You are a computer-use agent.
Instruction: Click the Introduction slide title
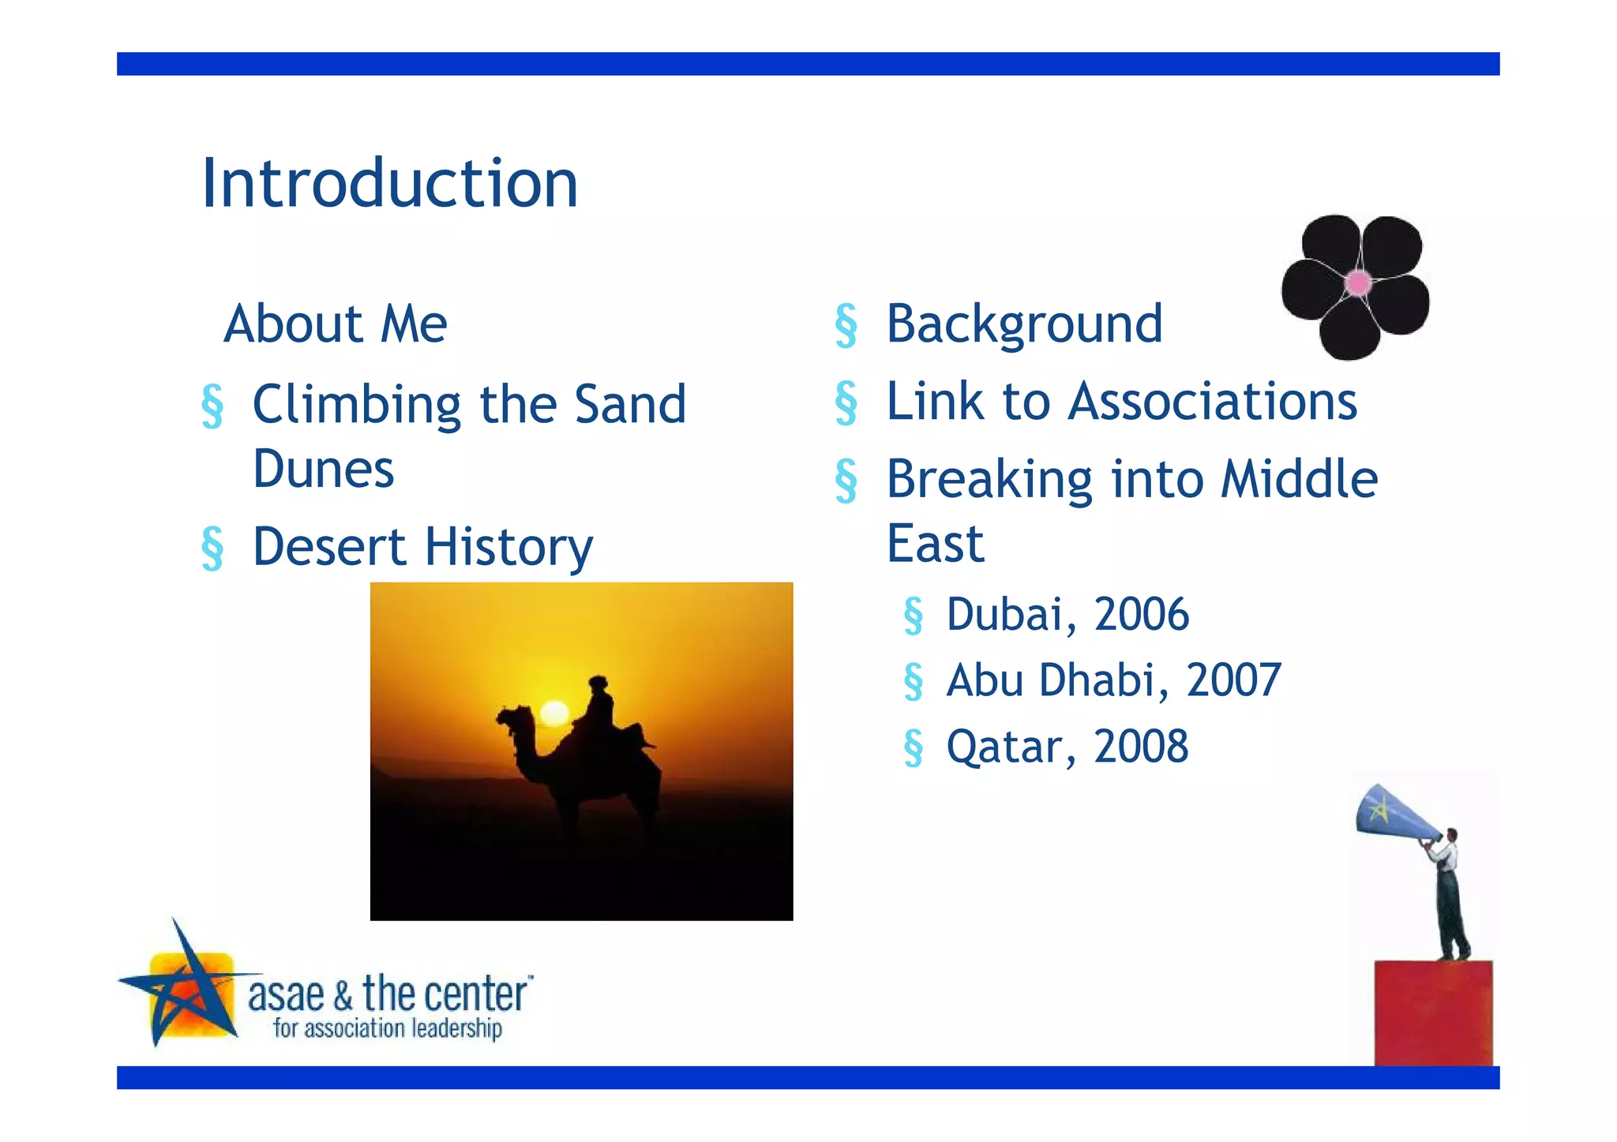click(x=390, y=183)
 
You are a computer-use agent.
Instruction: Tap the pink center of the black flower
click(x=1358, y=282)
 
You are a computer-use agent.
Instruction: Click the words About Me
click(x=336, y=324)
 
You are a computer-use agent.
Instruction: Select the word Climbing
click(x=356, y=405)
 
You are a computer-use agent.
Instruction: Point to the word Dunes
click(x=323, y=470)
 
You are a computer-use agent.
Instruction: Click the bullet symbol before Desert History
click(x=212, y=548)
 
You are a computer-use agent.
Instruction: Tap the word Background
click(x=1024, y=324)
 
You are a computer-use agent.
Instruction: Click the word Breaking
click(x=989, y=480)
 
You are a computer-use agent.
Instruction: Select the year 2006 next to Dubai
click(x=1141, y=614)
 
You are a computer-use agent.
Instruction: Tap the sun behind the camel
click(x=553, y=713)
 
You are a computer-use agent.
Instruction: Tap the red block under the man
click(x=1433, y=1013)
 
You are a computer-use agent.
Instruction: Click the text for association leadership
click(x=387, y=1029)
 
